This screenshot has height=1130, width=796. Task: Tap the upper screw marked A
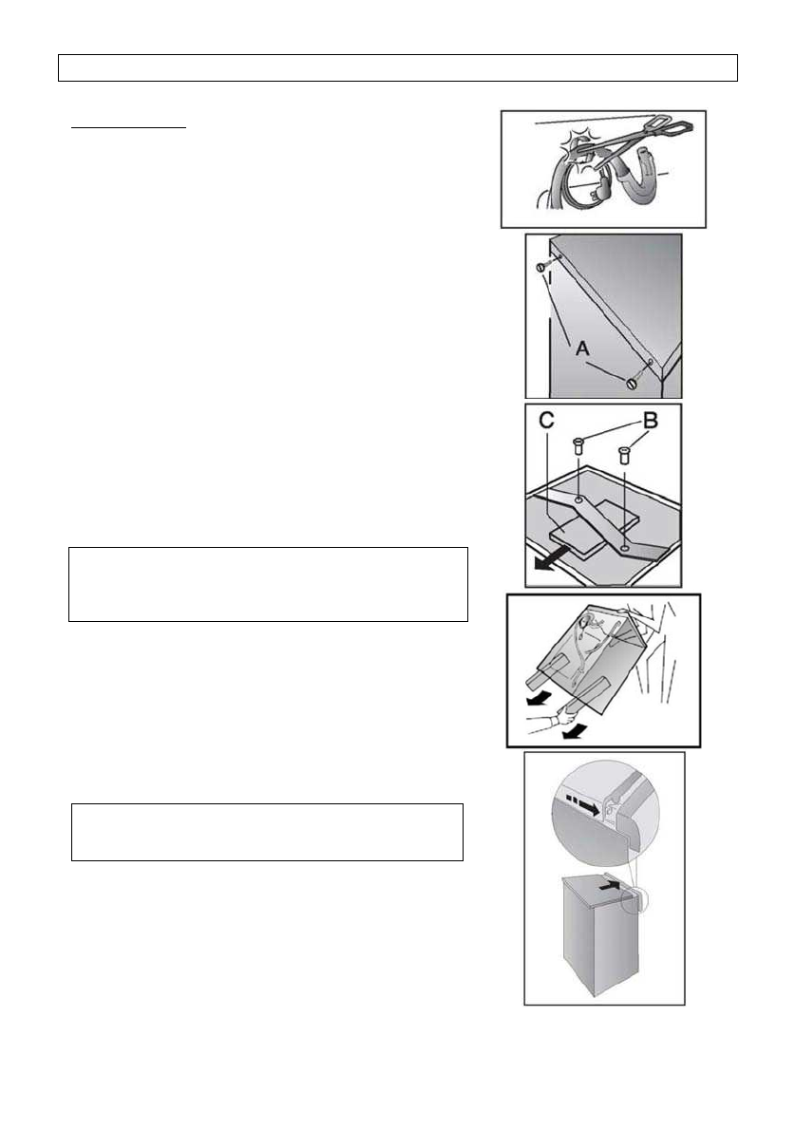[x=542, y=268]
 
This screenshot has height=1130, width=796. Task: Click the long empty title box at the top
[x=398, y=68]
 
